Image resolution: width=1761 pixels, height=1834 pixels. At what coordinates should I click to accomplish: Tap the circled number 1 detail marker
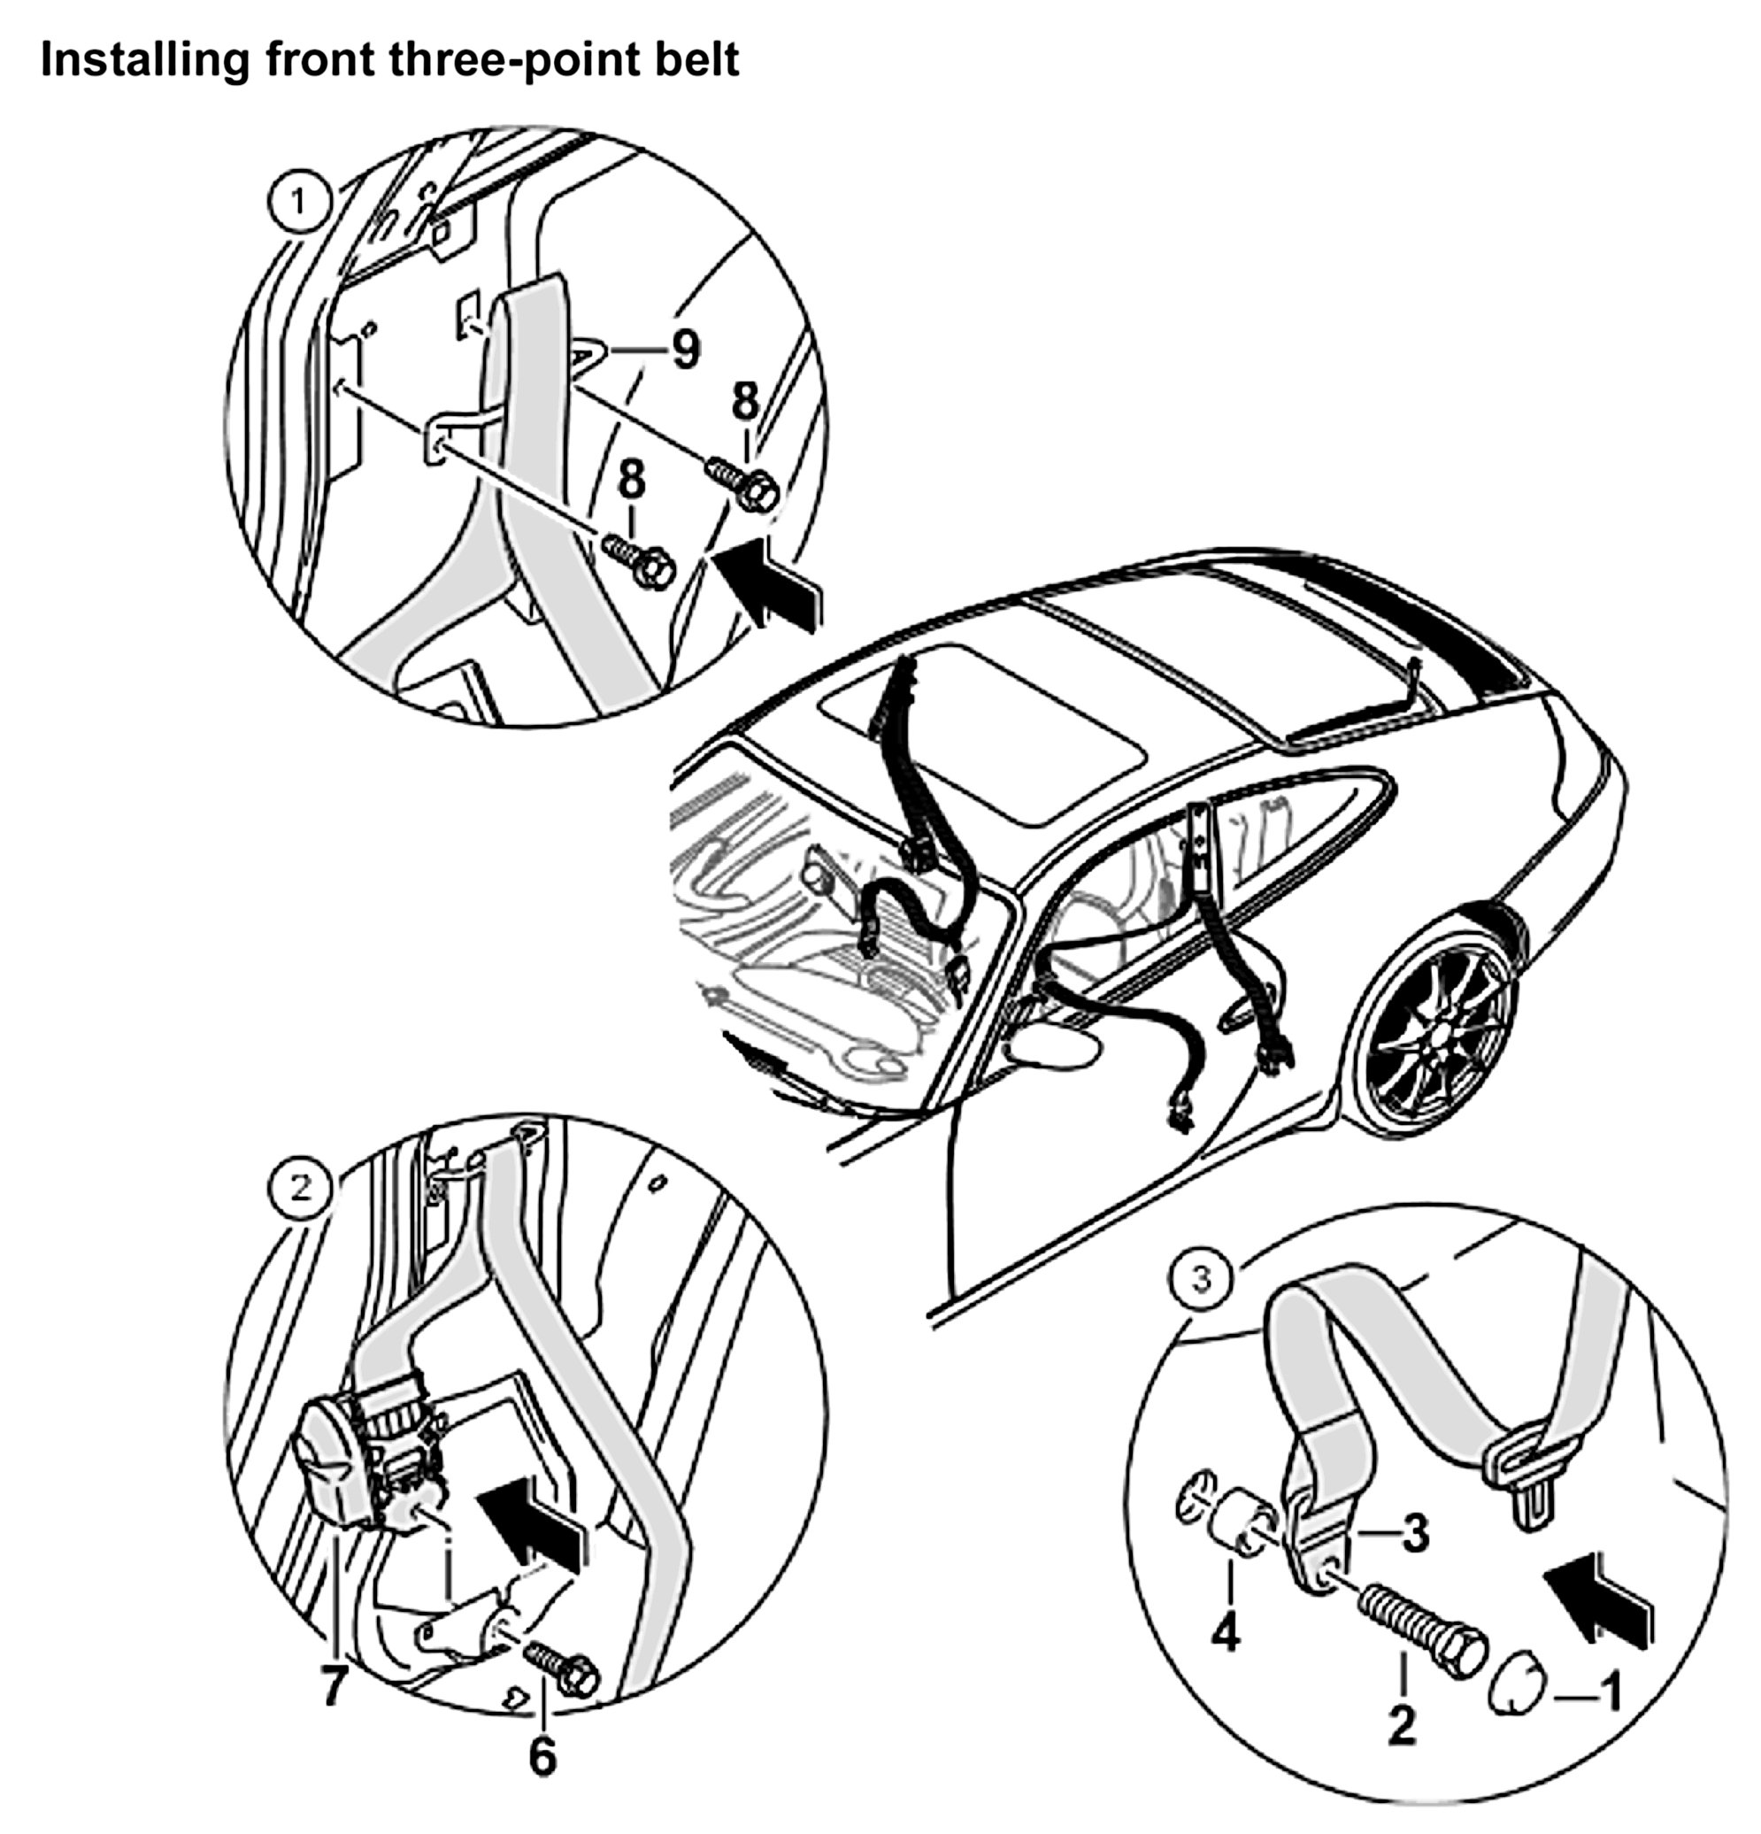click(298, 203)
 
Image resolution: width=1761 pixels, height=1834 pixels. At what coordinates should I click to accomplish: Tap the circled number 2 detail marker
click(300, 1189)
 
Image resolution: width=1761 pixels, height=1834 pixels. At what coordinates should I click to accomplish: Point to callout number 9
click(686, 350)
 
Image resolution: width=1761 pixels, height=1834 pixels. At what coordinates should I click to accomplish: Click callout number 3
click(1415, 1533)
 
